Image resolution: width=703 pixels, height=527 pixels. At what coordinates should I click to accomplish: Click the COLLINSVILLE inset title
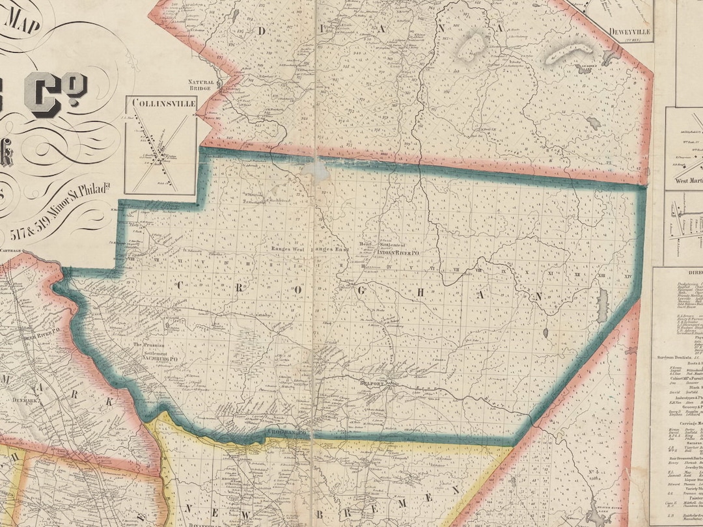(160, 103)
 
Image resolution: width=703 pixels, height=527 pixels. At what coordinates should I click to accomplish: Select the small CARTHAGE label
(12, 250)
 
